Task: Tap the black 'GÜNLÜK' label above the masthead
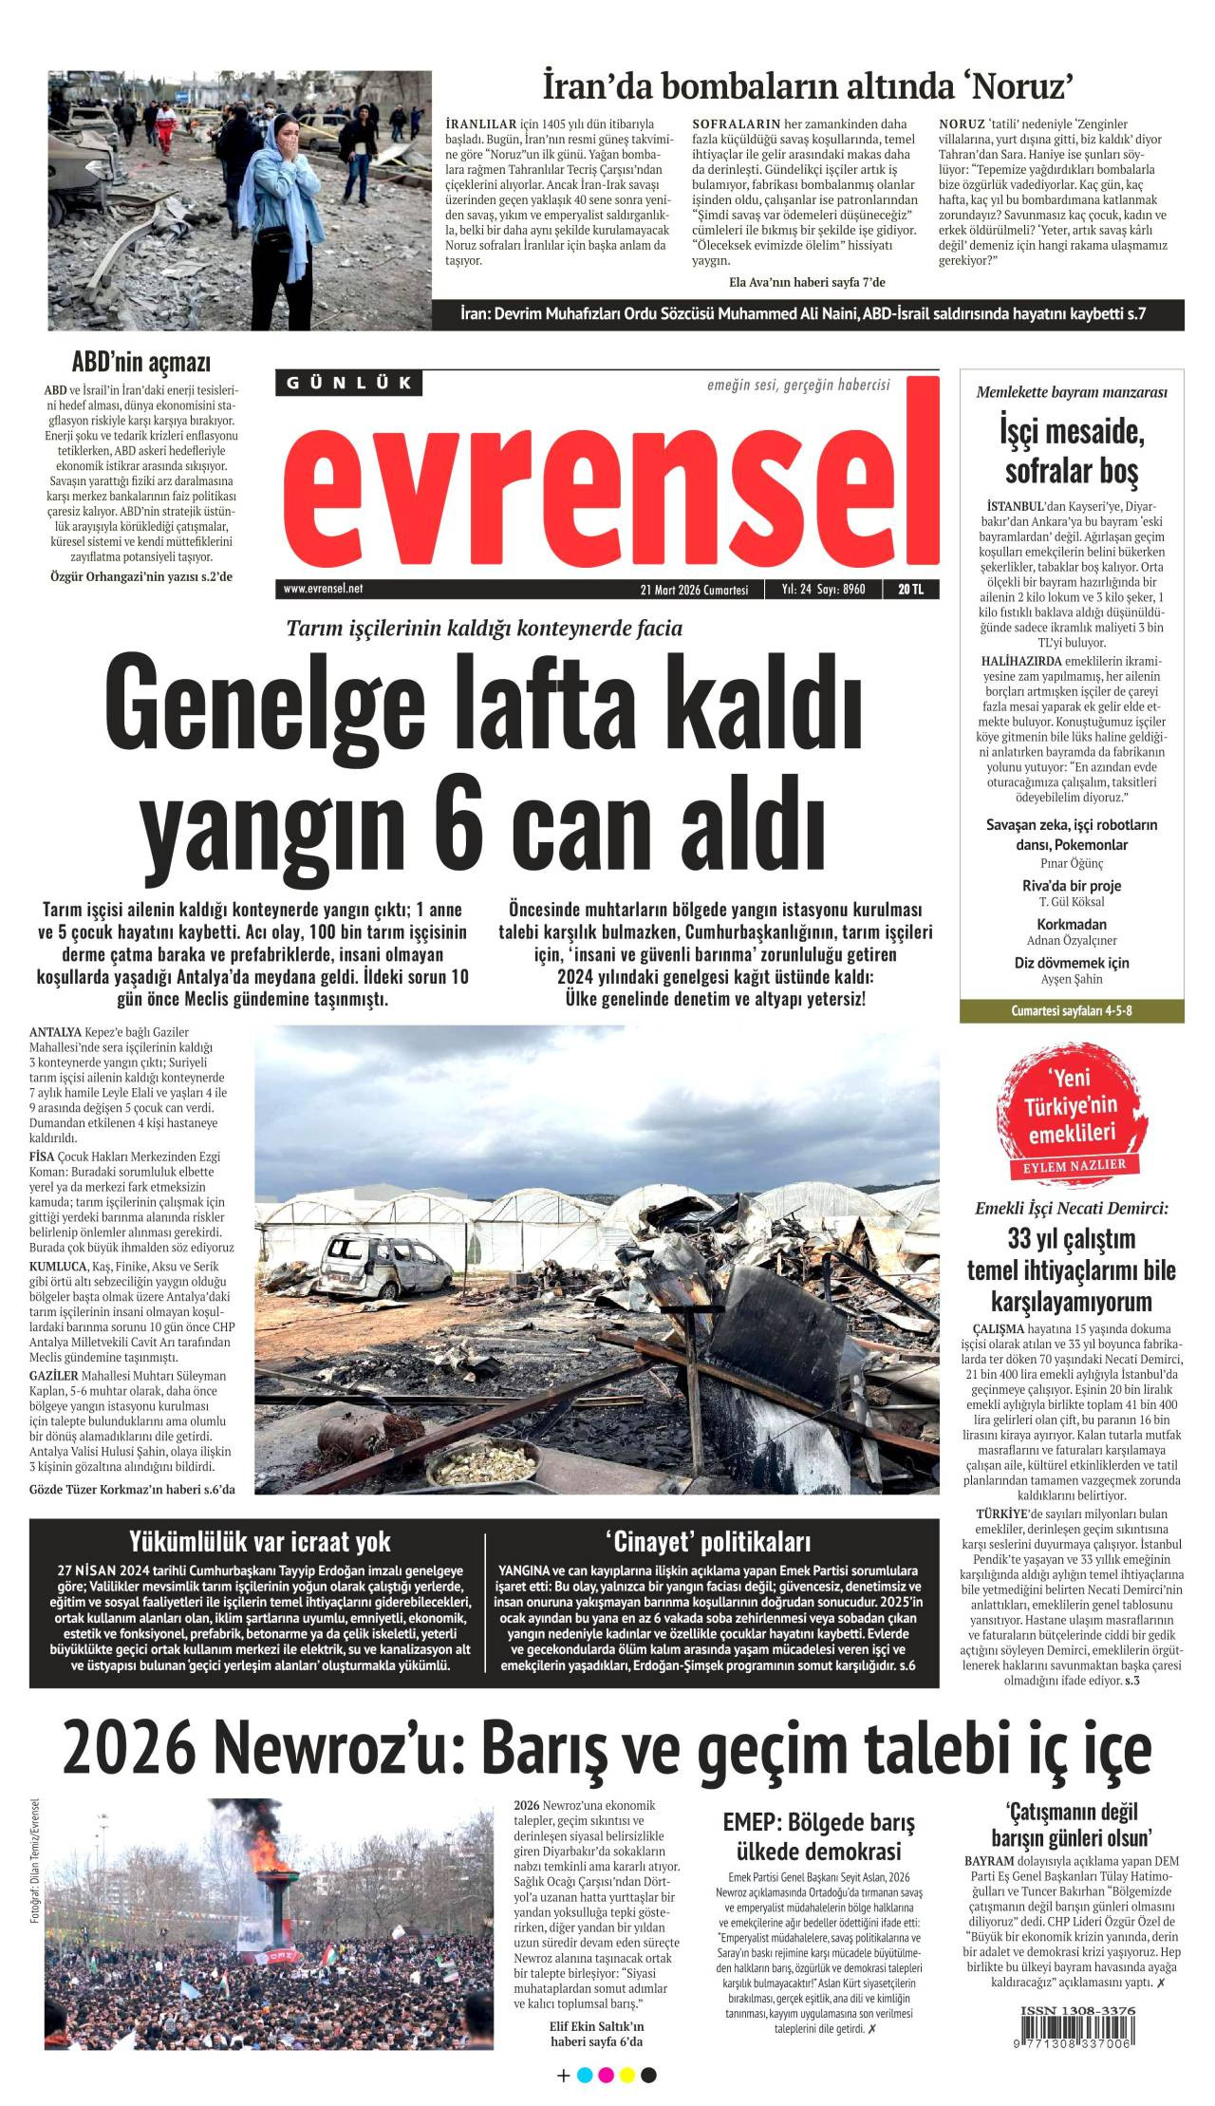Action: coord(349,383)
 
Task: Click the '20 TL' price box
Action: coord(910,590)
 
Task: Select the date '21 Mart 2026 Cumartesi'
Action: coord(694,590)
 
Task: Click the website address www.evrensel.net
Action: coord(323,589)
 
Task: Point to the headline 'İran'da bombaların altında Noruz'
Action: coord(808,86)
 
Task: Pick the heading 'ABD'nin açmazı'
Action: coord(141,362)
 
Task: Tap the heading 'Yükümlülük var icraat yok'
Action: coord(260,1541)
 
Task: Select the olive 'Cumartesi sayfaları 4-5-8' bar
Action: coord(1072,1010)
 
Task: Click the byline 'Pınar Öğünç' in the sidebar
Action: coord(1072,863)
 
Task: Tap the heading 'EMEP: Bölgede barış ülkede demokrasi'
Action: coord(818,1836)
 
